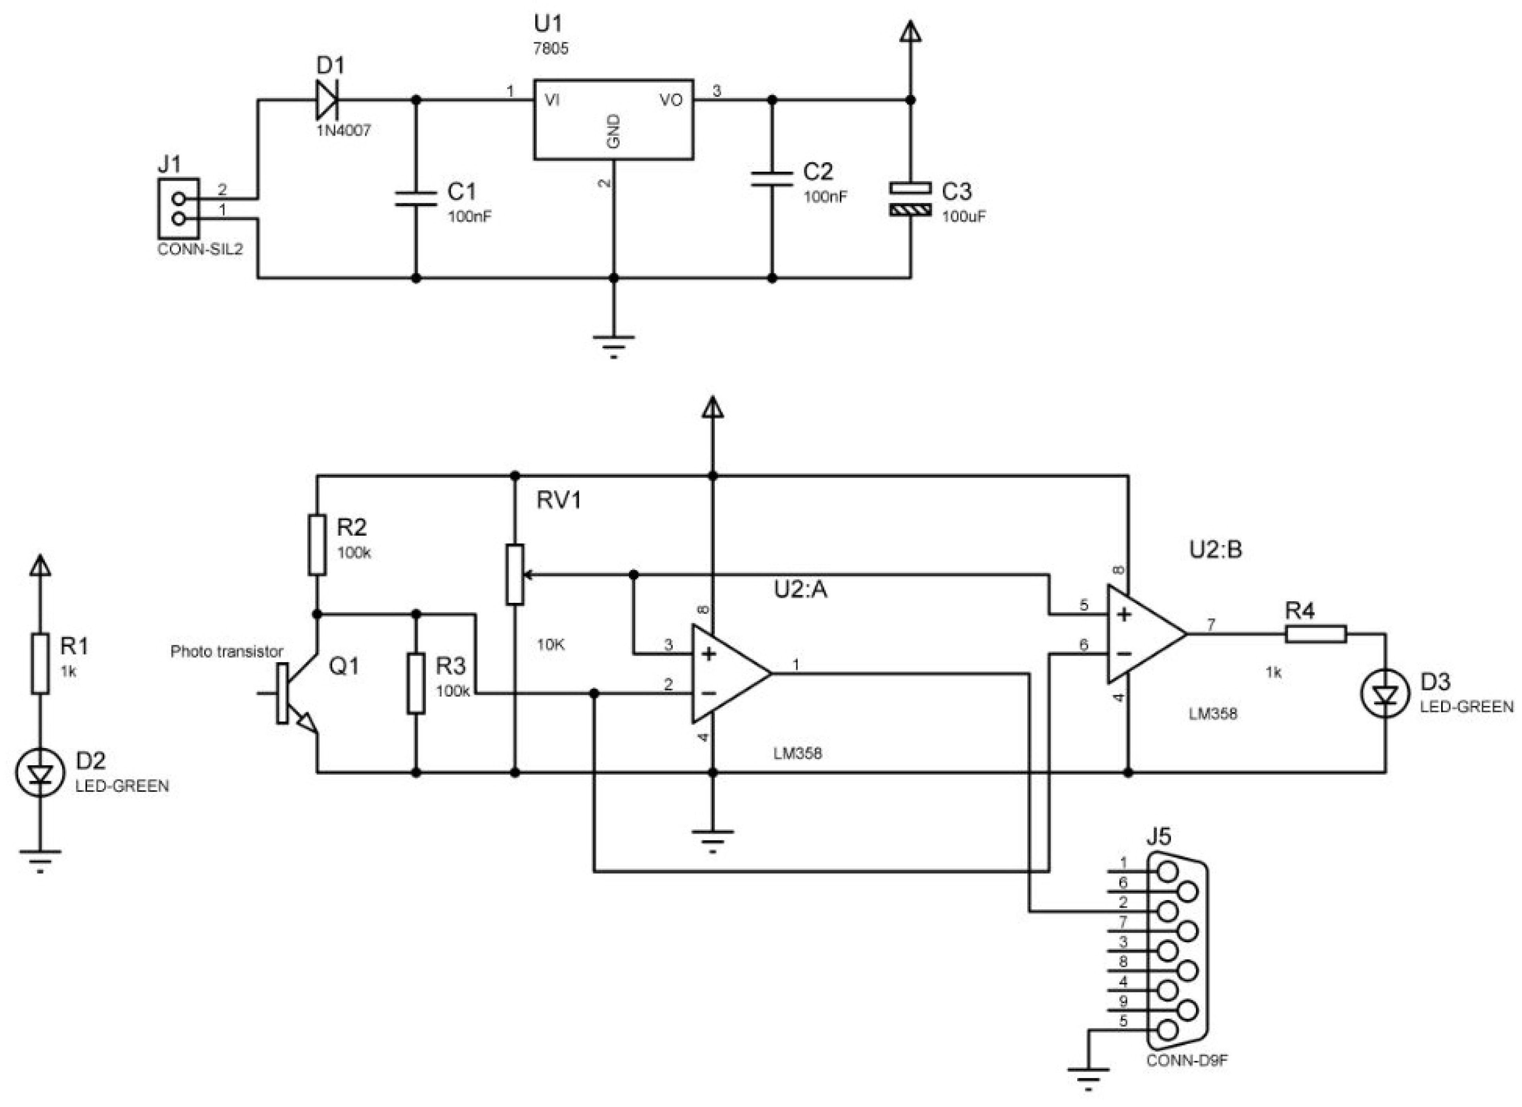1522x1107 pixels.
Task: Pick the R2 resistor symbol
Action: (317, 544)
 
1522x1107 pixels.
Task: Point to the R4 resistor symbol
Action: (1315, 634)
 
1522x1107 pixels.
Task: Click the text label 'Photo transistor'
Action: (227, 651)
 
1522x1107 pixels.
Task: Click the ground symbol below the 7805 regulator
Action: (613, 342)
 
